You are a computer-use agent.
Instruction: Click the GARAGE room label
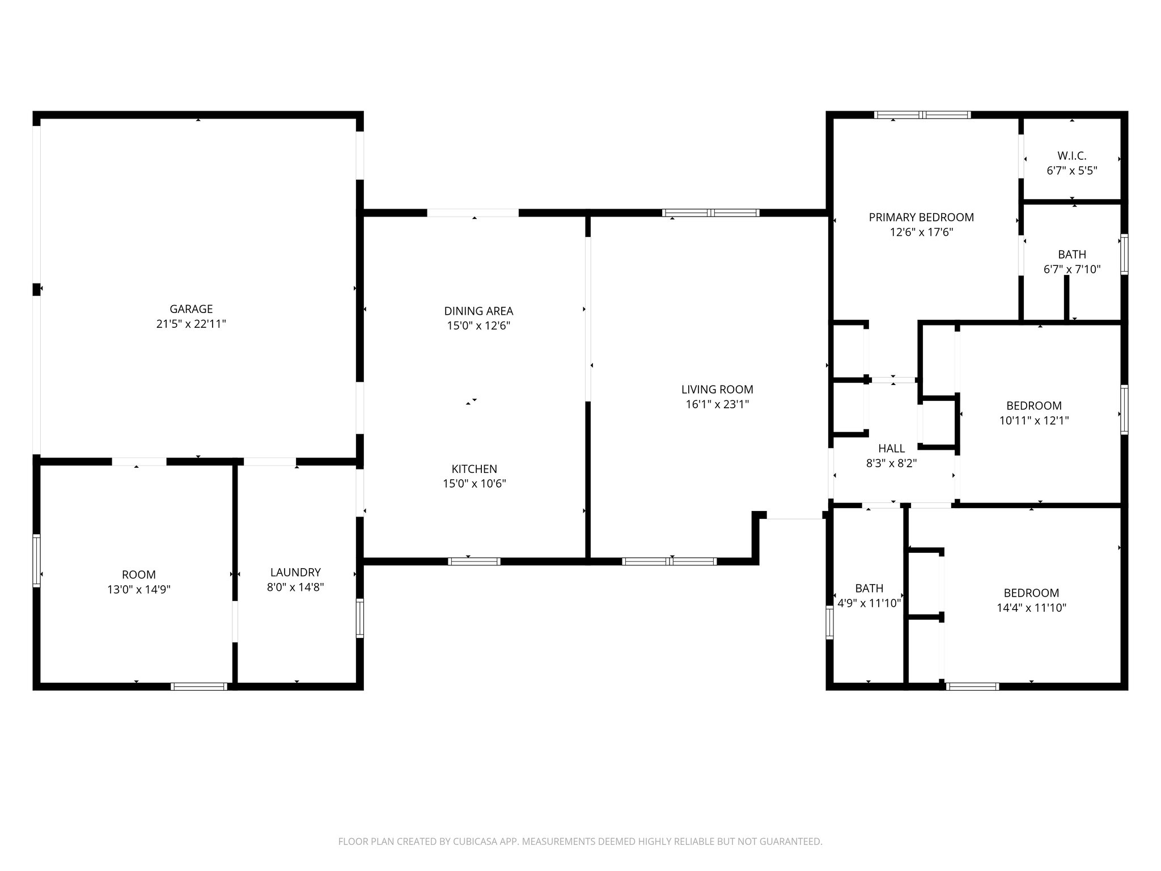[x=191, y=309]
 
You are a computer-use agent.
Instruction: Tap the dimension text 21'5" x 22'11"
[x=191, y=324]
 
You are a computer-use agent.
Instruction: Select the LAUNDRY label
[x=295, y=572]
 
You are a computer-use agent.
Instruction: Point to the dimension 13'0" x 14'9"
[x=139, y=590]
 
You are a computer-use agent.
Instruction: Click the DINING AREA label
[x=478, y=311]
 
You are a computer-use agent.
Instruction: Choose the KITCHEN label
[x=474, y=469]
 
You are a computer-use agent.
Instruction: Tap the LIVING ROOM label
[x=717, y=390]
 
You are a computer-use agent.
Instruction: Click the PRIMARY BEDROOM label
[x=921, y=217]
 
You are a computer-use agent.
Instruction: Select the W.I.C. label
[x=1071, y=156]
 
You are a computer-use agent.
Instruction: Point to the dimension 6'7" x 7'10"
[x=1072, y=269]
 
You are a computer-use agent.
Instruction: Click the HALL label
[x=891, y=449]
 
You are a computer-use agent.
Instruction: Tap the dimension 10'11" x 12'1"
[x=1034, y=421]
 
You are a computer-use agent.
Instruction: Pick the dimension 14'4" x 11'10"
[x=1031, y=608]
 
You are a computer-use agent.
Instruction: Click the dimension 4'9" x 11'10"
[x=869, y=603]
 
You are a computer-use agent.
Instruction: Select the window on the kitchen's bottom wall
[x=474, y=561]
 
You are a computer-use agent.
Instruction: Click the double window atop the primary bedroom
[x=922, y=115]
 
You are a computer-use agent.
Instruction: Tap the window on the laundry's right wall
[x=359, y=618]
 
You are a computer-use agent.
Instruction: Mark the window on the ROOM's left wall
[x=37, y=560]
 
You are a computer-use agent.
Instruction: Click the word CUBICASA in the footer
[x=473, y=842]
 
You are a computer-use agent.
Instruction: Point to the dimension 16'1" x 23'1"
[x=717, y=404]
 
